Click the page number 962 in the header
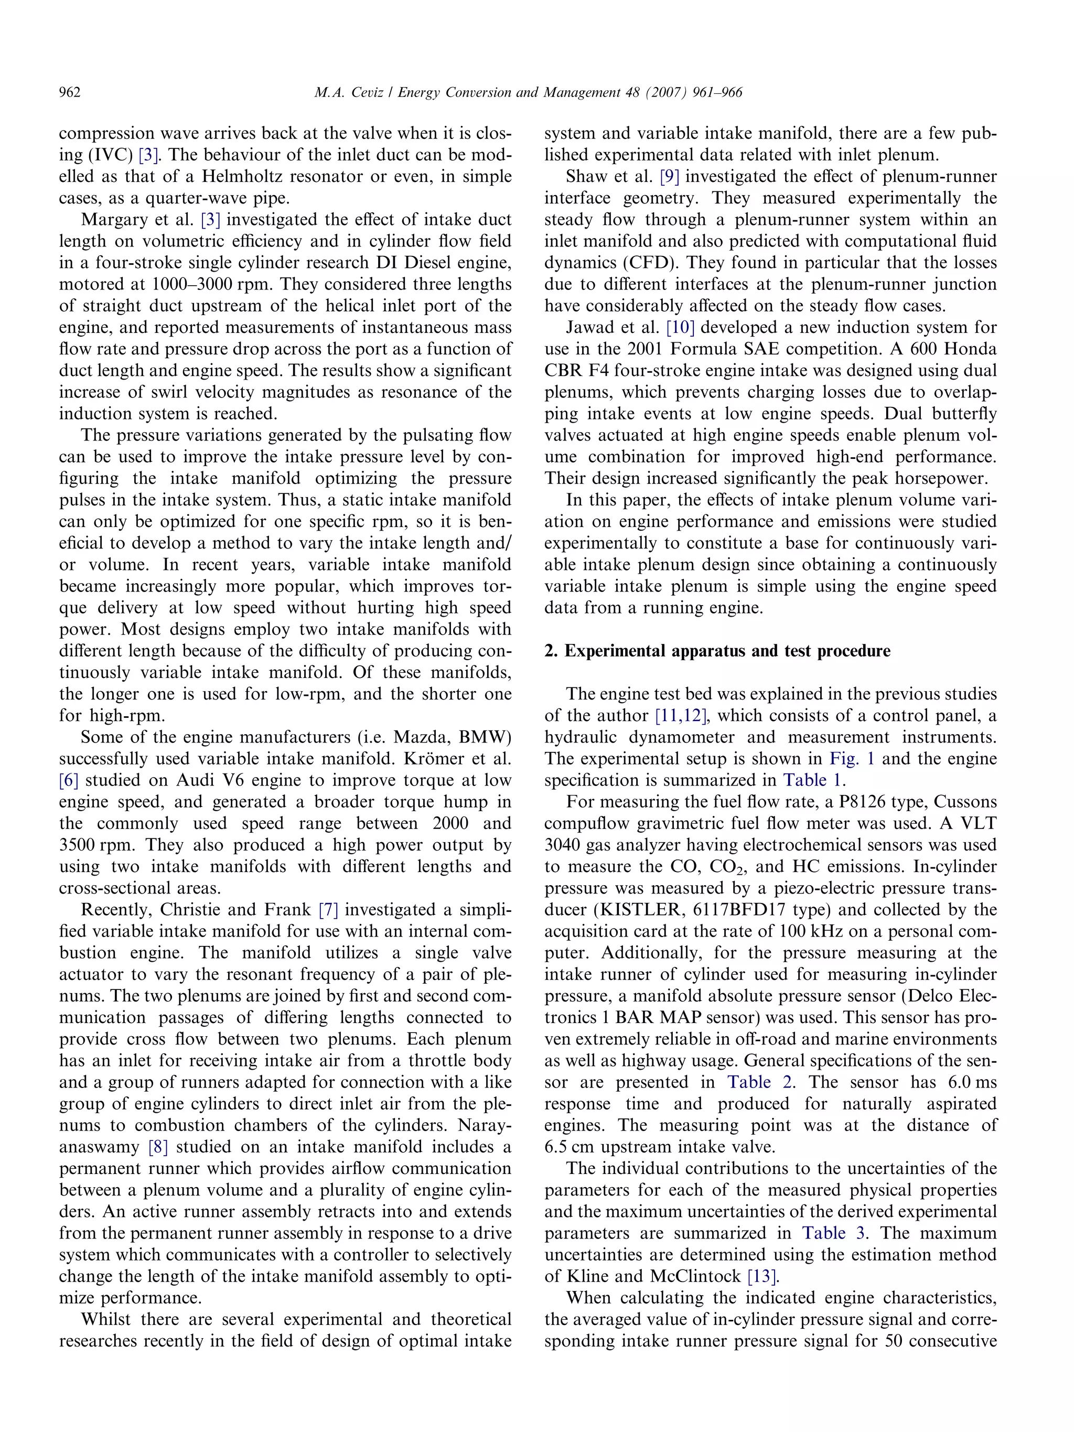point(70,93)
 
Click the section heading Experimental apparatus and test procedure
point(717,651)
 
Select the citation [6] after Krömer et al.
point(69,780)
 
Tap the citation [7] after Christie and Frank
point(328,910)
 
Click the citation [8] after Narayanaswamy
point(158,1147)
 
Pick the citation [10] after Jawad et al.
point(680,328)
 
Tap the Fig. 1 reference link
point(851,759)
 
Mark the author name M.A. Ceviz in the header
point(350,93)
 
